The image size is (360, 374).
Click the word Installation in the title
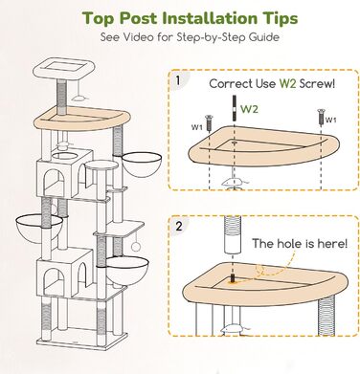(209, 18)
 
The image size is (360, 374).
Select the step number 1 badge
(178, 80)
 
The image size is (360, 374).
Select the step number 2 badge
(179, 227)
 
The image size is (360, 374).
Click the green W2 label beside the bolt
(249, 109)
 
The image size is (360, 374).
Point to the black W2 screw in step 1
(235, 108)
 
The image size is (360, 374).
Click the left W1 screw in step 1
(209, 123)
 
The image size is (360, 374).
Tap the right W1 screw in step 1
(321, 118)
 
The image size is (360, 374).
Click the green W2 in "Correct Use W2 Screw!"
(288, 84)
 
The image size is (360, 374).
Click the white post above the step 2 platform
(233, 235)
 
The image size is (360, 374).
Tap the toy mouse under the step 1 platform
(235, 183)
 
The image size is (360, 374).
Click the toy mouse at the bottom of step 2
(235, 329)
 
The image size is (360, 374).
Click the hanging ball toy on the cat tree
(136, 247)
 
